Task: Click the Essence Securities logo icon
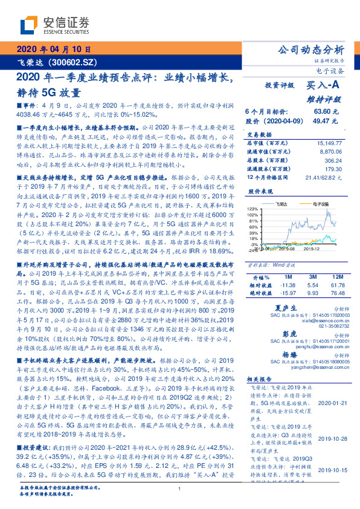pos(30,24)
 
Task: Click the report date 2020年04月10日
pos(54,50)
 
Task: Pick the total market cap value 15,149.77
pos(329,143)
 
